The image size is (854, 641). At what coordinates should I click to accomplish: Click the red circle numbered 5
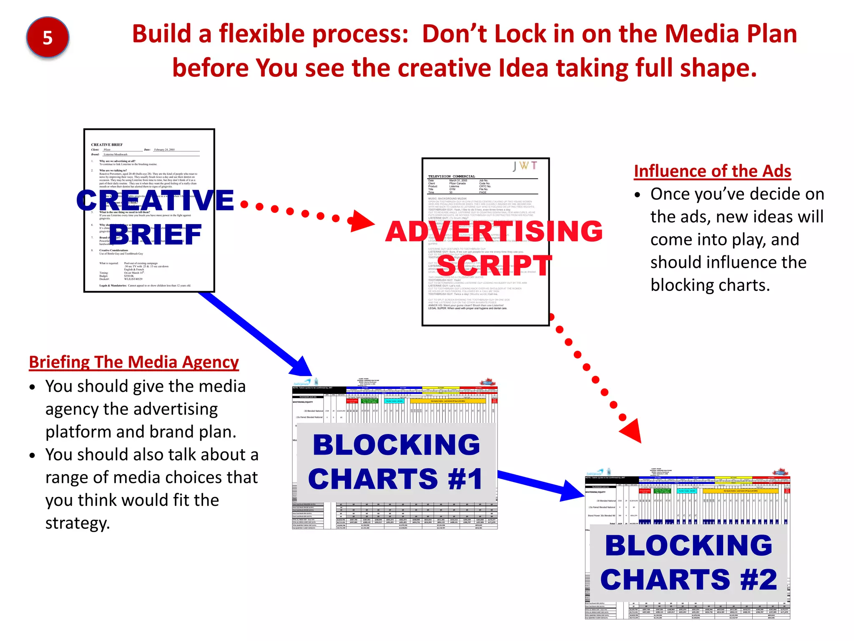pyautogui.click(x=48, y=38)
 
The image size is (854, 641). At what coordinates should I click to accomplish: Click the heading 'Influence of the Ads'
pyautogui.click(x=712, y=171)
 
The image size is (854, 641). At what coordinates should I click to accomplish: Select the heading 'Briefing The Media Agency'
pyautogui.click(x=134, y=362)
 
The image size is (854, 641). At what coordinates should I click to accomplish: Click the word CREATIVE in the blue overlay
pyautogui.click(x=155, y=200)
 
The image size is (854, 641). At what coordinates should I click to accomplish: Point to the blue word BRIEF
pyautogui.click(x=156, y=235)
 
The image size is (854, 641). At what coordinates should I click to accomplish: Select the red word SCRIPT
pyautogui.click(x=495, y=265)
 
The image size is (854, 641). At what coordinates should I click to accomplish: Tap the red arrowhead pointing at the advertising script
pyautogui.click(x=362, y=221)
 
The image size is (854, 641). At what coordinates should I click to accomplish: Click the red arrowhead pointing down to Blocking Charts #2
pyautogui.click(x=632, y=432)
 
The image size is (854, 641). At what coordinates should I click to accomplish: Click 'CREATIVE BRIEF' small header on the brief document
pyautogui.click(x=107, y=145)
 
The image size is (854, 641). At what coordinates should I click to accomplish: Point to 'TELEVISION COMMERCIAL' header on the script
pyautogui.click(x=452, y=177)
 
